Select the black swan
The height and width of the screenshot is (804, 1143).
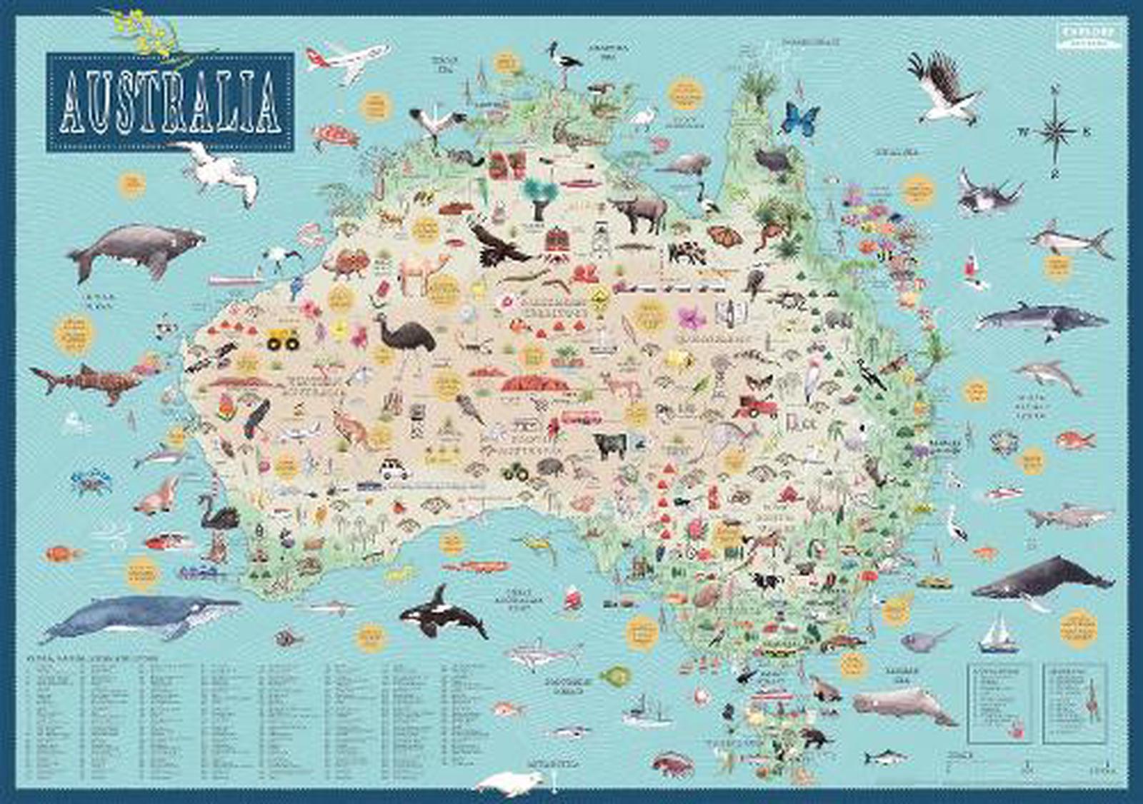[x=218, y=511]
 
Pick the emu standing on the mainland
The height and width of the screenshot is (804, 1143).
[x=407, y=336]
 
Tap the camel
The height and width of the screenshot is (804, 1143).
[x=425, y=272]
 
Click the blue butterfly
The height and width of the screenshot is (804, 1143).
[x=800, y=119]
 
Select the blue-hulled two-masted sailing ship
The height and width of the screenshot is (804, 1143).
[x=998, y=635]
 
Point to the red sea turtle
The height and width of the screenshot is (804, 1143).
[x=334, y=136]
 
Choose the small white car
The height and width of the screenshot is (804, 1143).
[x=393, y=471]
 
